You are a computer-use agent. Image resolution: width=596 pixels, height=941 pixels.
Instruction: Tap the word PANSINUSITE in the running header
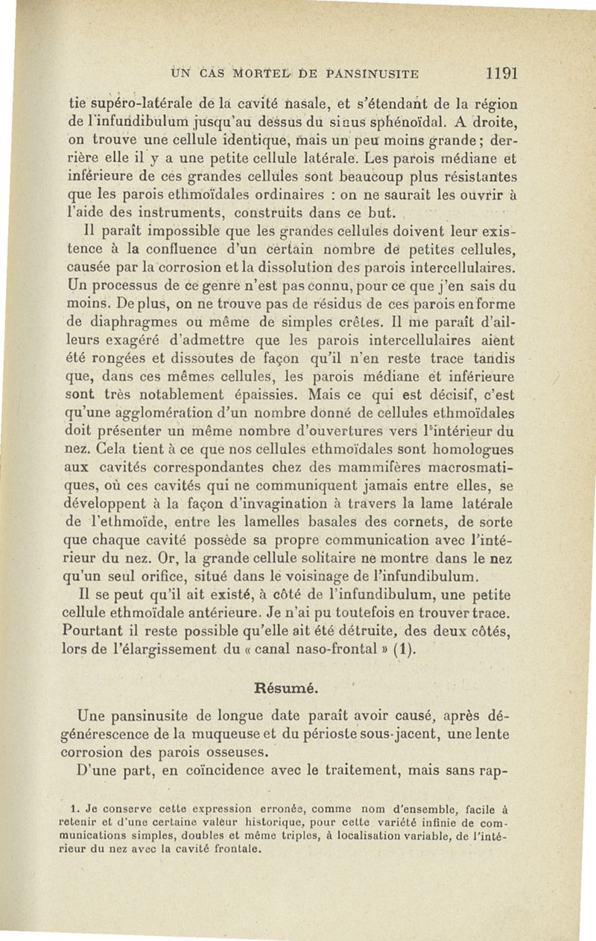[x=370, y=73]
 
